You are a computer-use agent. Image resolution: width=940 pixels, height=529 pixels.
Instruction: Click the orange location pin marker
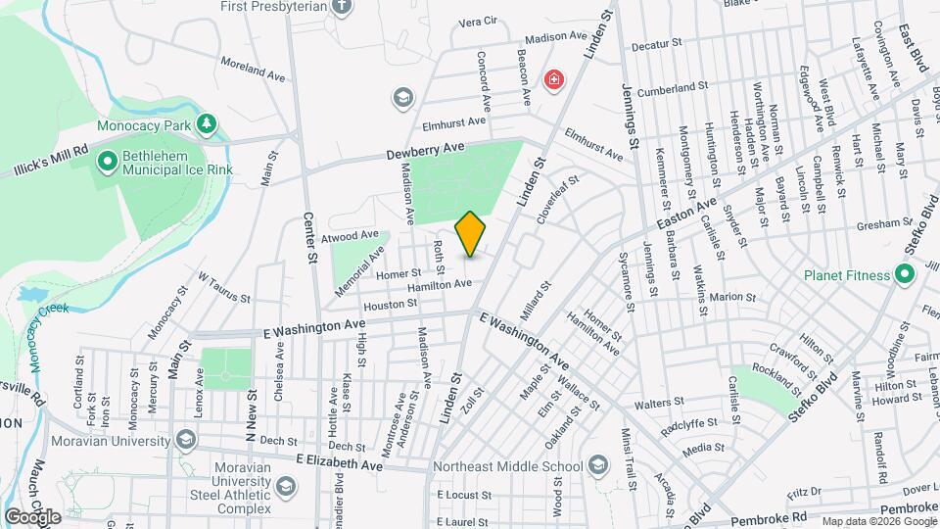coord(470,234)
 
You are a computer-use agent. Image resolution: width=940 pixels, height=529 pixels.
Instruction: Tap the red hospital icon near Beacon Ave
coord(555,78)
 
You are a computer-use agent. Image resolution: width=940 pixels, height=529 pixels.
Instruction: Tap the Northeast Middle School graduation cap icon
coord(598,465)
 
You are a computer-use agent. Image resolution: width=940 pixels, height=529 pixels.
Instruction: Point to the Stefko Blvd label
coord(813,398)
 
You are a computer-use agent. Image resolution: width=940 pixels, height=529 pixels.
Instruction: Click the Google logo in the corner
coord(32,516)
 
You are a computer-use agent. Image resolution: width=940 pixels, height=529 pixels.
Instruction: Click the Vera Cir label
coord(478,20)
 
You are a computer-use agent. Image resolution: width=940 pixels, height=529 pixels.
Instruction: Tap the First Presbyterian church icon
coord(342,8)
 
